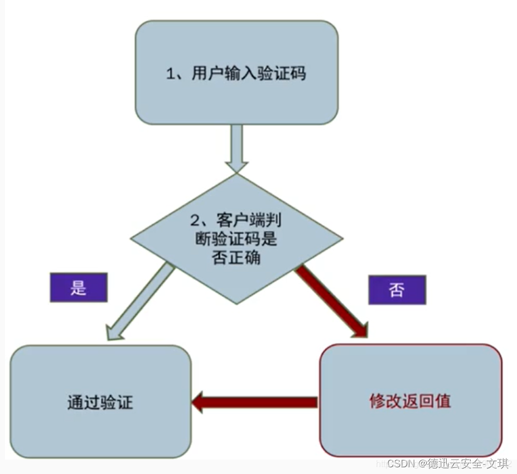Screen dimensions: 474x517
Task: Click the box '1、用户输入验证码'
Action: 236,72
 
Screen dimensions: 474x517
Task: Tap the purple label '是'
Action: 79,288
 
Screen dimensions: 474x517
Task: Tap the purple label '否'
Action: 397,289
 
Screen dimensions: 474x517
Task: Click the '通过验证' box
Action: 100,402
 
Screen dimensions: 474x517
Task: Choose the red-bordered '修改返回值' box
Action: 410,400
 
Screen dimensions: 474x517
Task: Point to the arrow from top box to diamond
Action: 236,146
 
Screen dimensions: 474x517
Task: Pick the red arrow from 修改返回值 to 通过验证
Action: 257,402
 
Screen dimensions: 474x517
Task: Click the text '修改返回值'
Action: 410,401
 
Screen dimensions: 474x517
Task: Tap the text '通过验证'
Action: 100,403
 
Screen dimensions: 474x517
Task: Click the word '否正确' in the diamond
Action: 236,258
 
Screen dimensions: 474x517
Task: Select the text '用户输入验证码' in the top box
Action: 248,74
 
